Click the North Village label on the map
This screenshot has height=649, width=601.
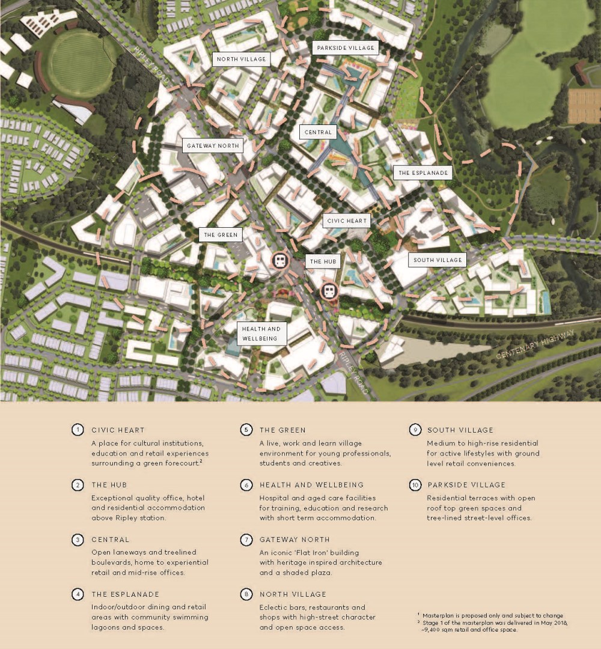(240, 59)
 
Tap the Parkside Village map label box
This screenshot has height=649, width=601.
(345, 48)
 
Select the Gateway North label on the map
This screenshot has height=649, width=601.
(213, 145)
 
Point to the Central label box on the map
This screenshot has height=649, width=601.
(318, 132)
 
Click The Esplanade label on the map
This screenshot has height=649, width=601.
(424, 172)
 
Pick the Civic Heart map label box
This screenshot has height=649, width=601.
(347, 221)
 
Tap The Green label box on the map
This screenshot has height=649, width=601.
(221, 234)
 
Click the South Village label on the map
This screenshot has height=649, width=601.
(438, 260)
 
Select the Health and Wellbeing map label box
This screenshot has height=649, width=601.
(261, 333)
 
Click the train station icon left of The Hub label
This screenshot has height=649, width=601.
(279, 261)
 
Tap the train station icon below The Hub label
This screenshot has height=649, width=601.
(329, 291)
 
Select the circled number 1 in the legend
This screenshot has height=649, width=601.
(78, 430)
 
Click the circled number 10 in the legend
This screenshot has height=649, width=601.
(415, 484)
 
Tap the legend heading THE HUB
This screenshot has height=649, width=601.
(109, 484)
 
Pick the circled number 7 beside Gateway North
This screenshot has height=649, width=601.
(246, 539)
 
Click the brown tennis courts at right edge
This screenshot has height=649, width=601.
(584, 106)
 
